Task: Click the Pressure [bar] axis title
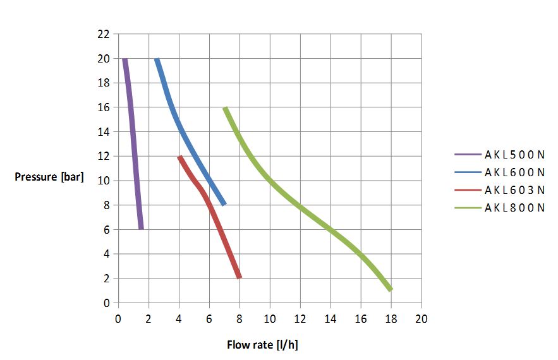49,177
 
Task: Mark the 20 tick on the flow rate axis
422,318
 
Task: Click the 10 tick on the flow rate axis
270,318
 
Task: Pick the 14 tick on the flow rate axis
331,318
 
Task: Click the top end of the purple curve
124,59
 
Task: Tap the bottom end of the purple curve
141,229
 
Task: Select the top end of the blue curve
157,59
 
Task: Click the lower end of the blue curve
224,204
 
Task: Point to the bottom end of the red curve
240,277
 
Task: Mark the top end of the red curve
179,157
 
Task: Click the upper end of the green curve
225,108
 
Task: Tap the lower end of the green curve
391,289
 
